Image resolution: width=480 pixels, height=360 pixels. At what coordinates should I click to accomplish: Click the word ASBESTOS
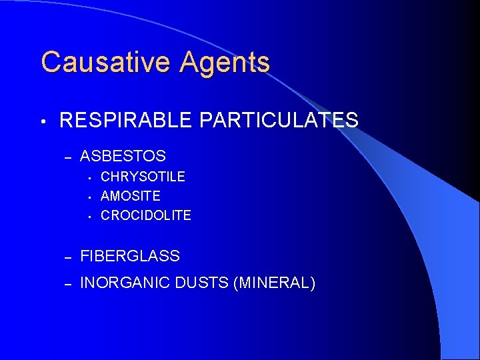point(123,157)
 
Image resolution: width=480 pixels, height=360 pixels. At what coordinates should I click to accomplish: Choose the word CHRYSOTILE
point(143,177)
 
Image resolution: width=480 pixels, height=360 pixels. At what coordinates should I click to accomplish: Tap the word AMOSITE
point(131,196)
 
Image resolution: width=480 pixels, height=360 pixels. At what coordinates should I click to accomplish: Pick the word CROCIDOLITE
point(146,215)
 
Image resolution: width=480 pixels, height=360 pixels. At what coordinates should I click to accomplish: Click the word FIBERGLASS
point(130,256)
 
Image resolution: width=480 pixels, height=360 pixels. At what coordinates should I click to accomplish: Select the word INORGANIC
point(123,283)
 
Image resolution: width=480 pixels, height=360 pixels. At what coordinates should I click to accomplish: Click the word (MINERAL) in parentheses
point(274,283)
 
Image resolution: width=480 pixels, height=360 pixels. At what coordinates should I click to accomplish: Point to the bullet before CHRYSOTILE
point(89,177)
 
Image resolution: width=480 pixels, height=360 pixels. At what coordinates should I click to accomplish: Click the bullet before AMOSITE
point(89,197)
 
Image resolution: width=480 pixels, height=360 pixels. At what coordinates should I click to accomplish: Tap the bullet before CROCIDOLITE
point(89,216)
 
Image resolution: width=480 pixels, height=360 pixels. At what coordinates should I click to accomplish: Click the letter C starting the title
point(50,63)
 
